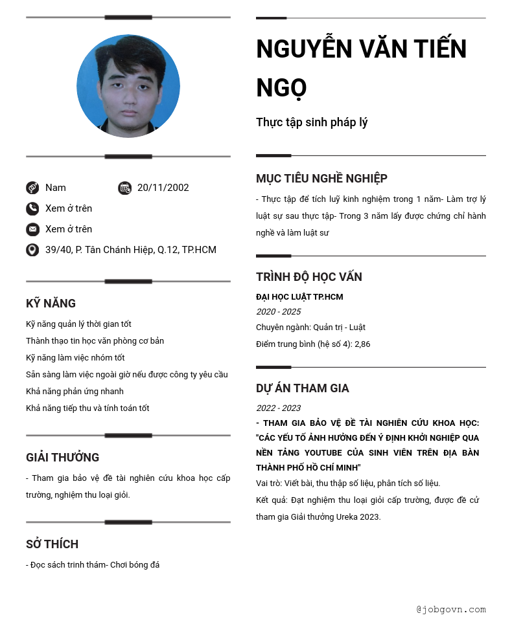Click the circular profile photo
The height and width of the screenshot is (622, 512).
click(128, 86)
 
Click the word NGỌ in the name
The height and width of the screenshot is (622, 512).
click(281, 88)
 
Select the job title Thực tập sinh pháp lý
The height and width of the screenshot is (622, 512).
click(312, 122)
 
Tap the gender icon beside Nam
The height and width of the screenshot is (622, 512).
click(32, 188)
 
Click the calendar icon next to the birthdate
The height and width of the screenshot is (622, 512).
click(125, 188)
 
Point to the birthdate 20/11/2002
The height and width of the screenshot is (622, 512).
click(163, 188)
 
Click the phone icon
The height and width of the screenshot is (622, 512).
click(32, 208)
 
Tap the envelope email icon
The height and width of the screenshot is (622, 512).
click(32, 229)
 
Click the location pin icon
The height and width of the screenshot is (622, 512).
click(32, 250)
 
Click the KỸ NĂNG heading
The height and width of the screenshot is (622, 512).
click(51, 304)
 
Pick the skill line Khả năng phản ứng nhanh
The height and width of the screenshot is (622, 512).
click(75, 392)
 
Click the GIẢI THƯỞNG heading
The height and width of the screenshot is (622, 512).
click(62, 458)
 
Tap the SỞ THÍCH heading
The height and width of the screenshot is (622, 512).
click(52, 544)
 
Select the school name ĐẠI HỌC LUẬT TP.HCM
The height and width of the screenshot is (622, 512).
click(299, 297)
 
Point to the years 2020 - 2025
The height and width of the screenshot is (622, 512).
click(278, 312)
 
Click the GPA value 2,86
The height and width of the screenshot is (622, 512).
click(362, 344)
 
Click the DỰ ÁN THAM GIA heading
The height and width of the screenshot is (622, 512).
click(302, 388)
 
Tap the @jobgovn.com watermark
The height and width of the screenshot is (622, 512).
click(451, 609)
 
